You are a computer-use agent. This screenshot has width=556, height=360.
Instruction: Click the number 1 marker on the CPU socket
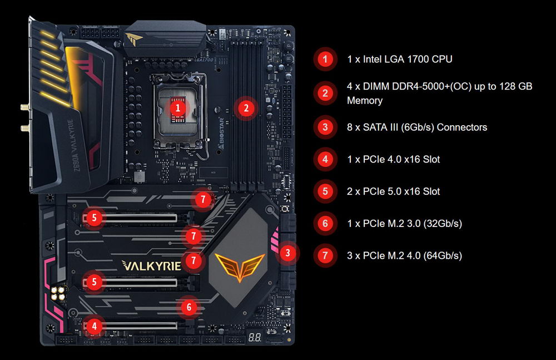coord(178,107)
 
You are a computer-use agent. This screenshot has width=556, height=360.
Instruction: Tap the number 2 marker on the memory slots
coord(246,108)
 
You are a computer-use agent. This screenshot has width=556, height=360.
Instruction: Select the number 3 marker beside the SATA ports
coord(287,253)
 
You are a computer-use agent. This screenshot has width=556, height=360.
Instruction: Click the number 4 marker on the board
coord(95,326)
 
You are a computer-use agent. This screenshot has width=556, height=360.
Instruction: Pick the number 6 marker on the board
coord(188,307)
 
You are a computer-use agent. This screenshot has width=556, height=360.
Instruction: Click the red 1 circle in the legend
coord(325,59)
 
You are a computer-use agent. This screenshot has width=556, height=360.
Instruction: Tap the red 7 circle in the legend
coord(325,255)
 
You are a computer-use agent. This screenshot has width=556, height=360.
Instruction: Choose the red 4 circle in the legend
coord(325,159)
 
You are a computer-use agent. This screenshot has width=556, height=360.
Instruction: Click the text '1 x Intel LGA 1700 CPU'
coord(400,60)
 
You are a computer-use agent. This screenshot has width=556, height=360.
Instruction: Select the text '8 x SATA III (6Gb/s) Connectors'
coord(417,127)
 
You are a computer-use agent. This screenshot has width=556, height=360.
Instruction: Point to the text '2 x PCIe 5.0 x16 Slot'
coord(393,191)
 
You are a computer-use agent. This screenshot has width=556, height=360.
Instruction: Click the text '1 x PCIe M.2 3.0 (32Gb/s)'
coord(404,224)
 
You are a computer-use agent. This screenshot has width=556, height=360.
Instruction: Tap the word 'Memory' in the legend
coord(365,101)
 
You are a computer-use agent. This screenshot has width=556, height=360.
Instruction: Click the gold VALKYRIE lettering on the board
coord(151,265)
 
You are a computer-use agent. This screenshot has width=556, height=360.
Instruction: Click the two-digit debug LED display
coord(255,337)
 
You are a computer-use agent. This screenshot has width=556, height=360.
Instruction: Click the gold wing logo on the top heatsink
coord(133,38)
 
